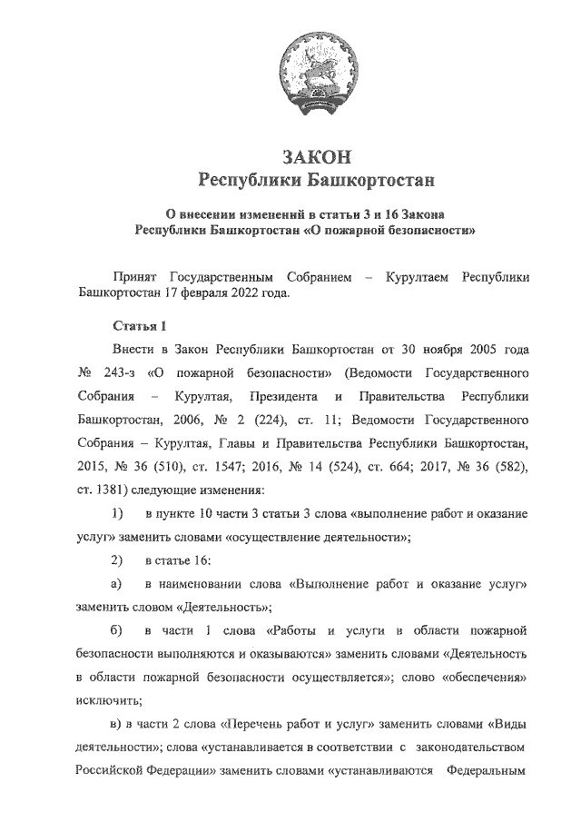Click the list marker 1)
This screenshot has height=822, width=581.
coord(117,514)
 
